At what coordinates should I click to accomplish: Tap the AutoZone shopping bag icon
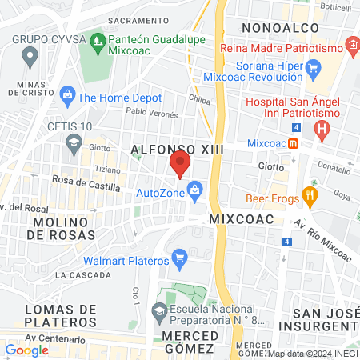(x=194, y=190)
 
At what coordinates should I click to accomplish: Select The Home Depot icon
(x=66, y=97)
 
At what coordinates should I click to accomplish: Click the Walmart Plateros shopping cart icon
(x=179, y=259)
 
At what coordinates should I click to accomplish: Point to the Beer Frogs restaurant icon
(x=310, y=195)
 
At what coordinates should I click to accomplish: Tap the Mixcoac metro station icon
(x=294, y=144)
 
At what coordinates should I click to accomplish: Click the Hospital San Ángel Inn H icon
(x=322, y=128)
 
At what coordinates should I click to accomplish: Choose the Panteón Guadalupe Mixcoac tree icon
(x=98, y=39)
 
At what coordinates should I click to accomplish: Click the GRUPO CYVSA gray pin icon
(x=30, y=56)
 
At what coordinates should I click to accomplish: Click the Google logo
(x=26, y=350)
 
